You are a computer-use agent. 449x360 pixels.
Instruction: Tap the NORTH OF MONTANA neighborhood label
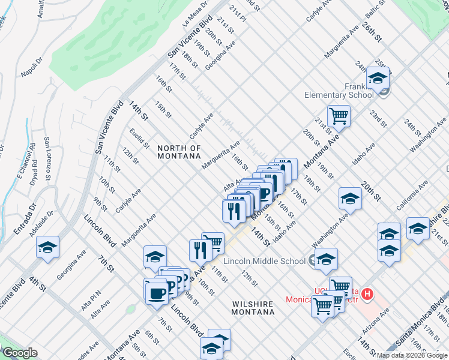click(x=178, y=152)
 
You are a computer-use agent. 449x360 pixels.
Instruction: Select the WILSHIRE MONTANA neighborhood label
click(x=253, y=308)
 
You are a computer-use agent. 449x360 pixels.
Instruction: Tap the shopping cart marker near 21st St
click(x=339, y=116)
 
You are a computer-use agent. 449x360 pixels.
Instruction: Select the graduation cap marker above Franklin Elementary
click(x=378, y=78)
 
